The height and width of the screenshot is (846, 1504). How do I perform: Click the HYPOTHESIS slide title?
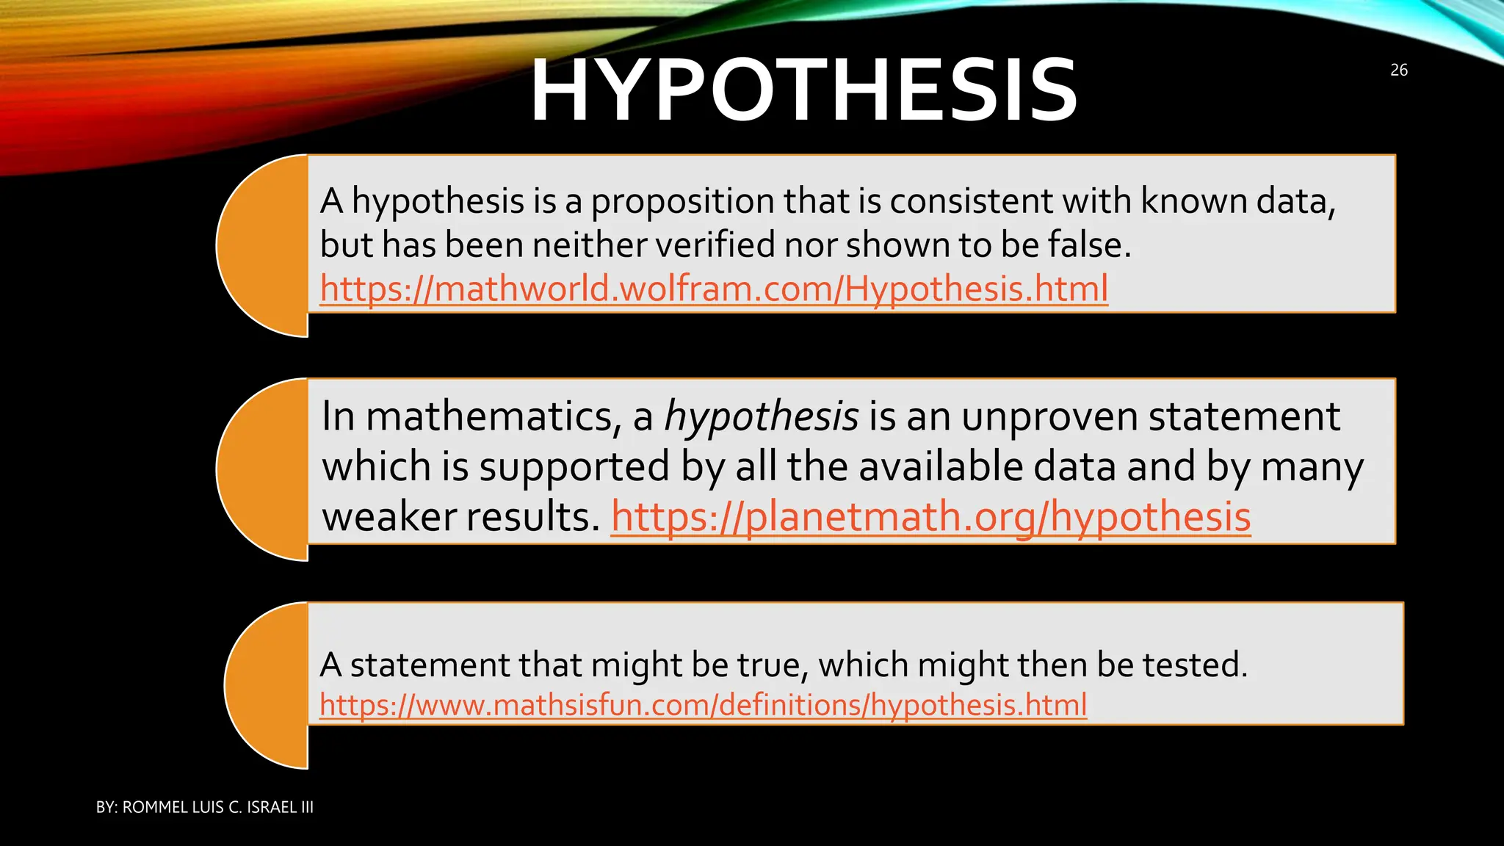click(x=803, y=91)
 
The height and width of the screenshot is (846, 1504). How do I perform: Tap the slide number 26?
click(x=1398, y=70)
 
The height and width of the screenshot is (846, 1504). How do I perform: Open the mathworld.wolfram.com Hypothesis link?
click(x=714, y=289)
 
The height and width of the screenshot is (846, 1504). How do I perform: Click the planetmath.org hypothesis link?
click(x=930, y=517)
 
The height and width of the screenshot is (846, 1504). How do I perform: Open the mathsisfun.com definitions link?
click(x=703, y=706)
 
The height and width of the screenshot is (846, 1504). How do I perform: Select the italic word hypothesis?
click(x=761, y=417)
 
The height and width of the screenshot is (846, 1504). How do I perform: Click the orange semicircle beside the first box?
click(x=263, y=245)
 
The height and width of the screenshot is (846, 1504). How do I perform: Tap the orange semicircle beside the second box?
click(x=263, y=470)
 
